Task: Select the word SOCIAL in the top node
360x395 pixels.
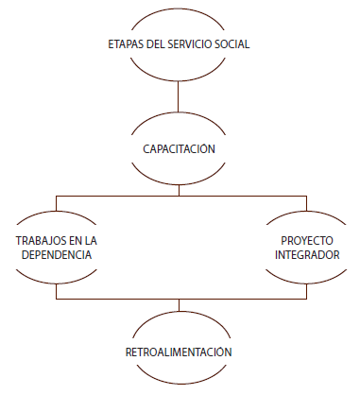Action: pos(232,44)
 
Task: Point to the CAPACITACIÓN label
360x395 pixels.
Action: pos(179,148)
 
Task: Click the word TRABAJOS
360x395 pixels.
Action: pos(40,241)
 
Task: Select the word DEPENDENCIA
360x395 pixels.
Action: pos(57,255)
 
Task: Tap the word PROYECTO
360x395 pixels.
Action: pos(307,241)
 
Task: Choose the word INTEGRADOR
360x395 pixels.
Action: pos(307,255)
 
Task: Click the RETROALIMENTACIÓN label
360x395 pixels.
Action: pos(179,352)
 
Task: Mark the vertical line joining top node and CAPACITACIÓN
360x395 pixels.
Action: pos(178,96)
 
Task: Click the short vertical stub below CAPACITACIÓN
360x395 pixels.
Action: pos(179,190)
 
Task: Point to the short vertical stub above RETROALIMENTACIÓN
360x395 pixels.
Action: pos(179,305)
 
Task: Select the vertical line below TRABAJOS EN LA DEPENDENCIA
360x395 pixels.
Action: pos(57,291)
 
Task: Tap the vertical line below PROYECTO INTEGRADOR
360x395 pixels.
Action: pos(306,291)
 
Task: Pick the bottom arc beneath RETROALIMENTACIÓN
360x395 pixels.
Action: pos(181,383)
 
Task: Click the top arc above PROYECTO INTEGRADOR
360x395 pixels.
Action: pos(306,212)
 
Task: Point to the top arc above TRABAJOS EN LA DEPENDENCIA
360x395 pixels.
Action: pos(57,212)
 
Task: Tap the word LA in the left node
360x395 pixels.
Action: pos(91,241)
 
